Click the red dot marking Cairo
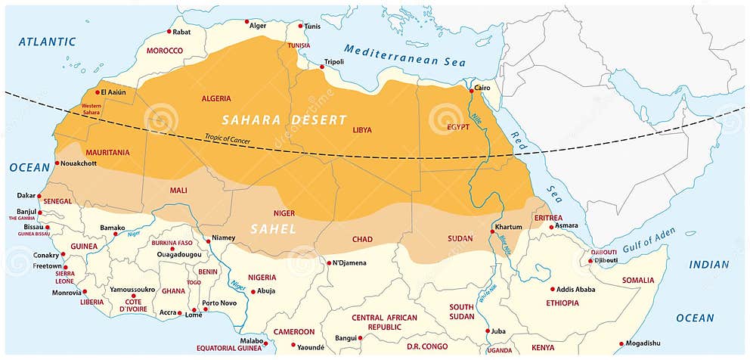[x=471, y=90]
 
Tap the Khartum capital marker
[x=492, y=231]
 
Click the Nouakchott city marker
[x=57, y=163]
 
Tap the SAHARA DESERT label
[x=284, y=120]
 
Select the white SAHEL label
[x=273, y=228]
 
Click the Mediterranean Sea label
[x=404, y=56]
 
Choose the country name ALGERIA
[x=216, y=99]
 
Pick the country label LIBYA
[x=362, y=130]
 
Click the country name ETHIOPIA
[x=562, y=303]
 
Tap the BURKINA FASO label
[x=171, y=243]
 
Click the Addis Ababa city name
[x=576, y=289]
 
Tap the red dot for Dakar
[x=39, y=196]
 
